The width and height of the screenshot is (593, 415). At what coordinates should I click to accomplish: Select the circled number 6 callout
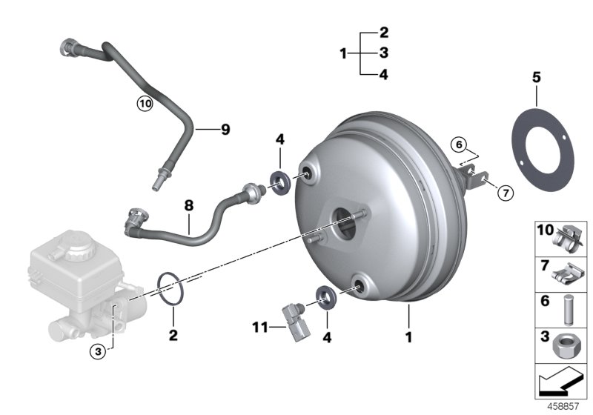pos(459,144)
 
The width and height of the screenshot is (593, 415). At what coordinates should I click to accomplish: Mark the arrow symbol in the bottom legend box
pos(560,382)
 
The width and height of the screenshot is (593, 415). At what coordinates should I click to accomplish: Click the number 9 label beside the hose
pos(225,130)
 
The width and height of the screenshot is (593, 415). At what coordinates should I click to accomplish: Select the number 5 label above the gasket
pos(536,77)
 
